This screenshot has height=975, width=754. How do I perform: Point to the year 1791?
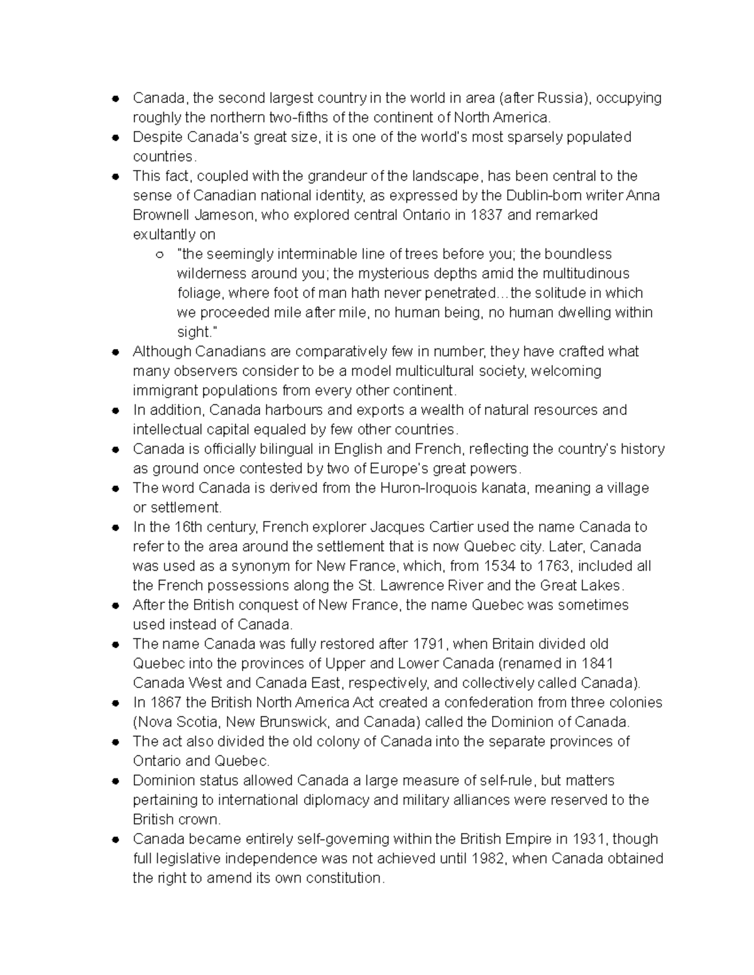[428, 644]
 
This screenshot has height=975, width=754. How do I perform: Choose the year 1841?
[597, 664]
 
